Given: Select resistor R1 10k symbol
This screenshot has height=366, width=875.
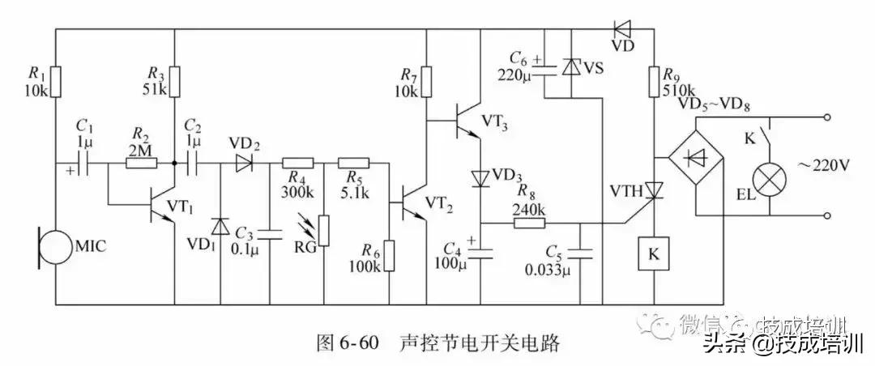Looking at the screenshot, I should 55,80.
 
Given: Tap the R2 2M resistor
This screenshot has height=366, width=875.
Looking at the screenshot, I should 143,163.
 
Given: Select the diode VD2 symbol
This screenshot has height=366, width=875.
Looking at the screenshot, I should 242,163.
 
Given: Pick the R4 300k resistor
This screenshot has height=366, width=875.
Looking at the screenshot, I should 297,163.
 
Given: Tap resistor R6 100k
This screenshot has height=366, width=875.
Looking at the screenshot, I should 391,256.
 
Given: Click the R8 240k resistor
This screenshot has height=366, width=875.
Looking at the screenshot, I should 531,222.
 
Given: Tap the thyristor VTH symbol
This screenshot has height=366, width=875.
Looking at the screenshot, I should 653,189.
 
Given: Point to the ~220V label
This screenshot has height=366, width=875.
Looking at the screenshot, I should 822,165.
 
